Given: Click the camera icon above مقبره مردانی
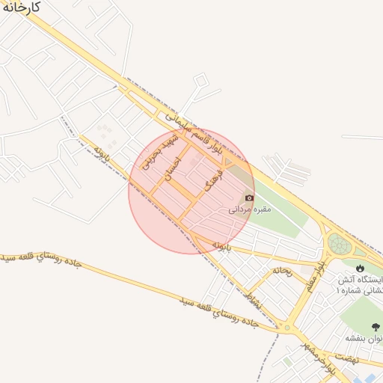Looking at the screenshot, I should (x=249, y=198).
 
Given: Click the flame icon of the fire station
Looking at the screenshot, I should (x=360, y=267).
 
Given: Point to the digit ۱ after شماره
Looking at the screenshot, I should (x=338, y=289).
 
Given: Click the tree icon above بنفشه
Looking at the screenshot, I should (x=374, y=326).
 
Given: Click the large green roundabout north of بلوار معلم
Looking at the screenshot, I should (x=340, y=245).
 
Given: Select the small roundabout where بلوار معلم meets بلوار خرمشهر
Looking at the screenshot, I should (x=287, y=327).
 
